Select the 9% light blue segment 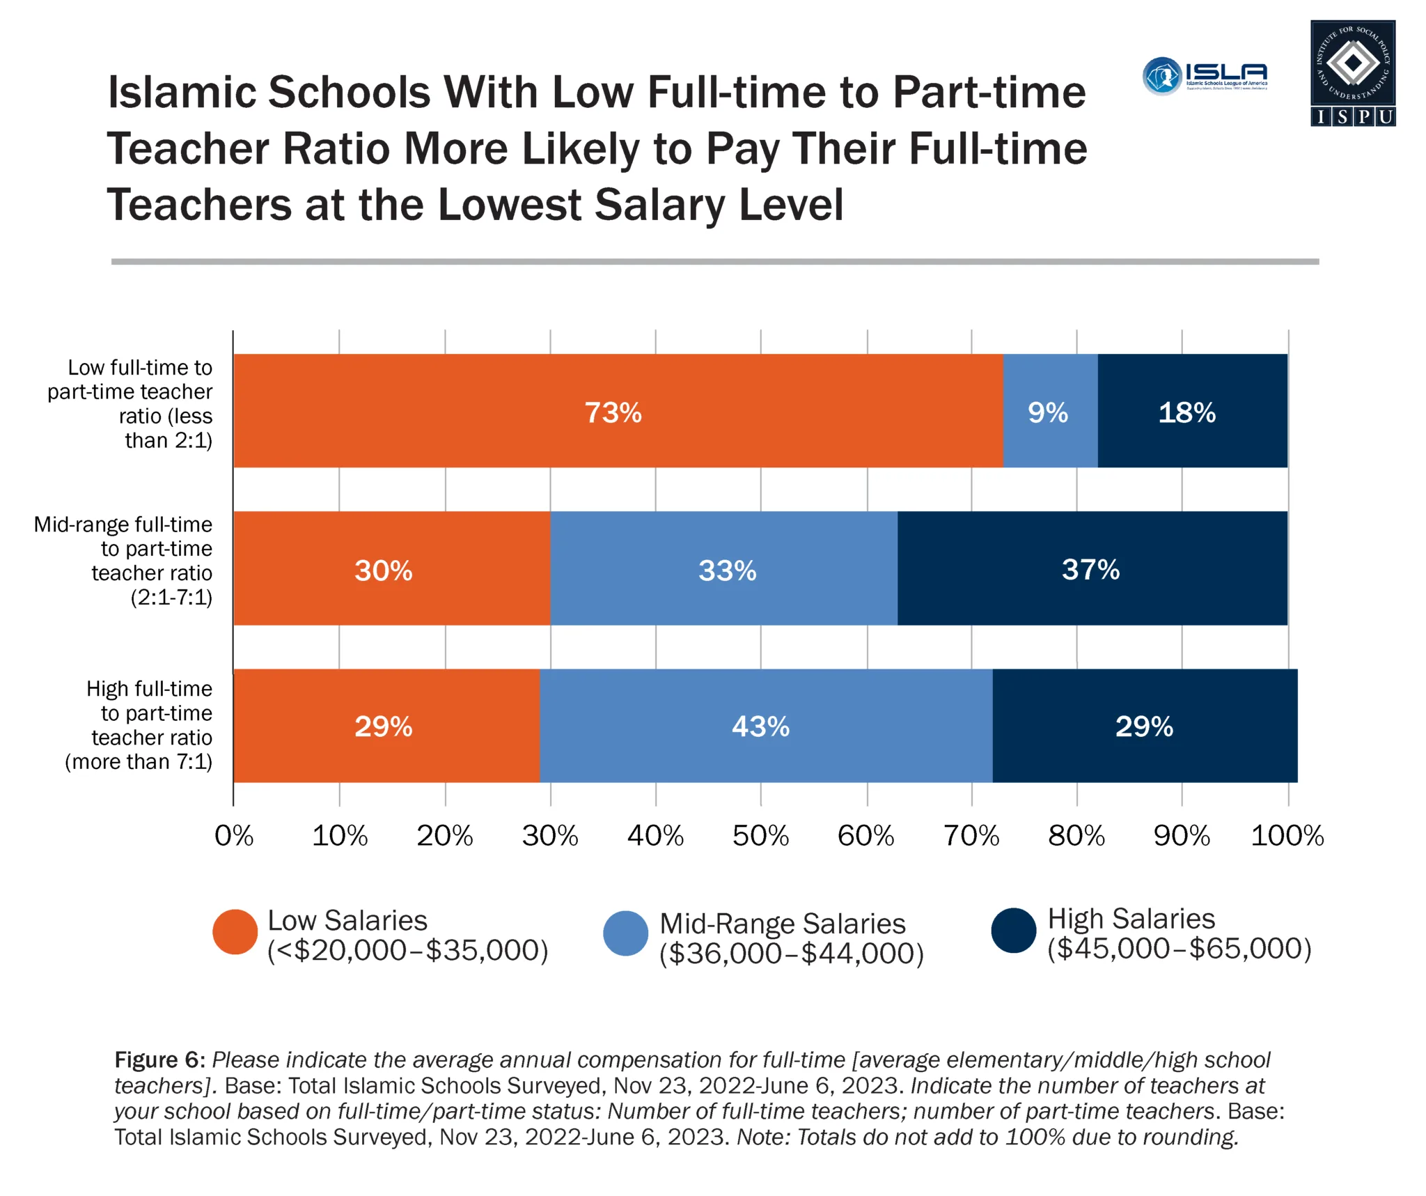(1050, 411)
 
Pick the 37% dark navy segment (1092, 568)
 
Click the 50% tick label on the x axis (760, 836)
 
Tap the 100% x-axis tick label (1287, 836)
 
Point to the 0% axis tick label (234, 836)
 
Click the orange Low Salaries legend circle (235, 932)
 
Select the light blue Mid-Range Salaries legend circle (626, 933)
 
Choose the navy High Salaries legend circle (1014, 931)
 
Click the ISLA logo (1205, 76)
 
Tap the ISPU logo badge (1353, 73)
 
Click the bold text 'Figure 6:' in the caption (159, 1059)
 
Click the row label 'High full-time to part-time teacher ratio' (139, 725)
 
